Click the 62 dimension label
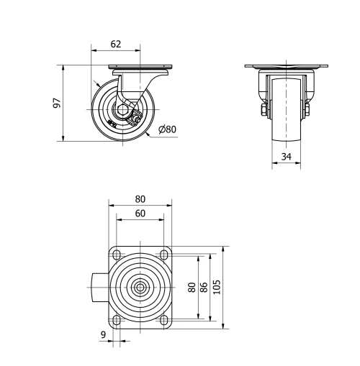click(x=115, y=44)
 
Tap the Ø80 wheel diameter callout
click(x=167, y=130)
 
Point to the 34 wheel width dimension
click(x=287, y=157)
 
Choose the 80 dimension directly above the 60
click(x=140, y=199)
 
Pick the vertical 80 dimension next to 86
click(x=192, y=287)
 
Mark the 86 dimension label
click(x=204, y=287)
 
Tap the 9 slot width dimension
click(x=103, y=335)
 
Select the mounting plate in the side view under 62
click(x=139, y=69)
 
